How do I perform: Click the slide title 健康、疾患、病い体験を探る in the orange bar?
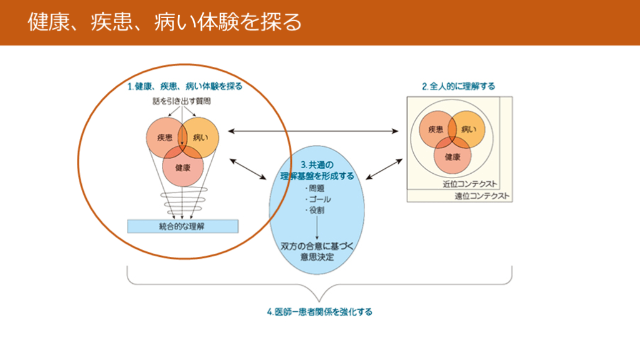164,22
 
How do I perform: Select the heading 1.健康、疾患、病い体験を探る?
184,86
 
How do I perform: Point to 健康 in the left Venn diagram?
182,167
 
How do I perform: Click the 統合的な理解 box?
182,226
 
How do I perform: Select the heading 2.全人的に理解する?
458,86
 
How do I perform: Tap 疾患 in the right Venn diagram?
436,129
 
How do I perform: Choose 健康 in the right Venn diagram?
452,157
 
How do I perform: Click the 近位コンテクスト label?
469,184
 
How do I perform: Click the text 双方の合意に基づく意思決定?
317,252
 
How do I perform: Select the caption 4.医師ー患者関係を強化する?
319,311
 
